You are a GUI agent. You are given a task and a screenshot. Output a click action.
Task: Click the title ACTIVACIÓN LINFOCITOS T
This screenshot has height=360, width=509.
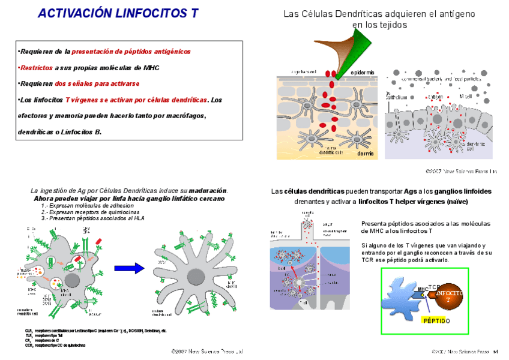point(118,13)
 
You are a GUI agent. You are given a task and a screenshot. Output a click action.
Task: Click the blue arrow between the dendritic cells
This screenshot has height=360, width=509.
point(130,268)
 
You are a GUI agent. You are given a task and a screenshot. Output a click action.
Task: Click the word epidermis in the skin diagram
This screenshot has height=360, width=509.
point(363,73)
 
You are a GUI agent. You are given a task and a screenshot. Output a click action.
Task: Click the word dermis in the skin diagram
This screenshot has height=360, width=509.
point(365,154)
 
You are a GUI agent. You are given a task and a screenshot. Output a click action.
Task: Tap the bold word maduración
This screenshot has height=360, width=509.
point(208,191)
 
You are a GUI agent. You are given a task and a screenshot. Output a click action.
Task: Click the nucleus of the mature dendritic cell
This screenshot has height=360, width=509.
point(196,278)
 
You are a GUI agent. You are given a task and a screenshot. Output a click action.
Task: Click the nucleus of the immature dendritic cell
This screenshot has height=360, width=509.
point(71,280)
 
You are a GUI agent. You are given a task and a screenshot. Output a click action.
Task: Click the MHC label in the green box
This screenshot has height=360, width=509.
point(423,289)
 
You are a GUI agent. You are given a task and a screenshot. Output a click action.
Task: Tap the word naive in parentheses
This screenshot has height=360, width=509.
point(458,202)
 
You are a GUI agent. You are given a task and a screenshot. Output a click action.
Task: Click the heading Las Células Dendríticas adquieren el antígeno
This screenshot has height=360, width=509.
point(379,13)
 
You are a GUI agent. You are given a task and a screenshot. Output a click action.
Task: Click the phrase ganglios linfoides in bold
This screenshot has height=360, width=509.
point(464,191)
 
